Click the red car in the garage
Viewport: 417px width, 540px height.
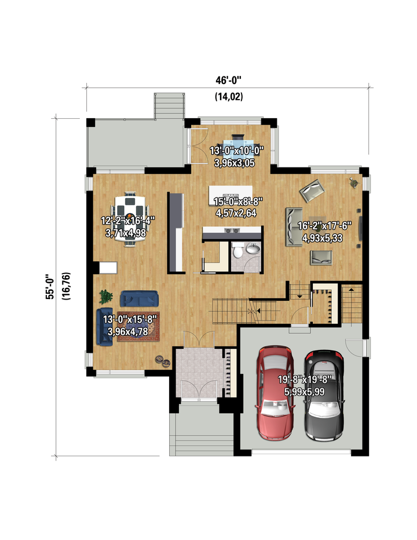point(275,393)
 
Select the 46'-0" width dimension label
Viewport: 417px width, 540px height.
point(228,80)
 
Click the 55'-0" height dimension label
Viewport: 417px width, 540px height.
point(50,286)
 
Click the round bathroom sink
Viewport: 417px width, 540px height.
point(253,248)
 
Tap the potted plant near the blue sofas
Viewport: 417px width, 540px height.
point(105,296)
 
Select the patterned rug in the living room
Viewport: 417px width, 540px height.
point(138,326)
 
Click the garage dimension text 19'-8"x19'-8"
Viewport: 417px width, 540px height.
point(305,380)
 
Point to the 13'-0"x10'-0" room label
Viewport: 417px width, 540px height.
point(236,151)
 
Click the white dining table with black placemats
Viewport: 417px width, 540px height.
point(130,219)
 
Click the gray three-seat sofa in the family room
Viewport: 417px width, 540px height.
point(294,227)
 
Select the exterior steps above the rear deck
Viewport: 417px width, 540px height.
point(169,105)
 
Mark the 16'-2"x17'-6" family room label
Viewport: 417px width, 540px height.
point(324,226)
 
